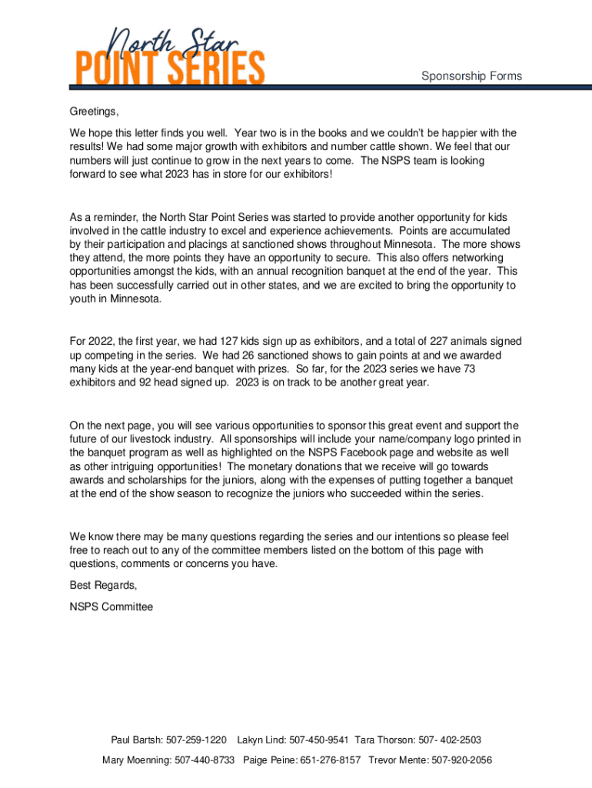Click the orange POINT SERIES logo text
pyautogui.click(x=169, y=68)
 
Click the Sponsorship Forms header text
pyautogui.click(x=471, y=76)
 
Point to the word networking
pyautogui.click(x=475, y=258)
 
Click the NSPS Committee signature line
pyautogui.click(x=111, y=607)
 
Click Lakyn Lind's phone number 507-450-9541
pyautogui.click(x=319, y=740)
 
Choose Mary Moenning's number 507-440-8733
pyautogui.click(x=205, y=760)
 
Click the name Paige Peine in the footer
pyautogui.click(x=271, y=760)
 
